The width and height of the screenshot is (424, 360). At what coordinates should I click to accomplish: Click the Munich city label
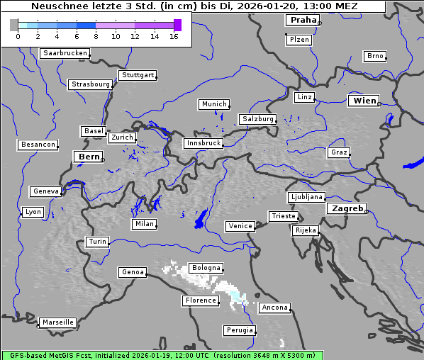coord(214,104)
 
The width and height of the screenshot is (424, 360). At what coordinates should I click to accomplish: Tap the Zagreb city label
coord(347,208)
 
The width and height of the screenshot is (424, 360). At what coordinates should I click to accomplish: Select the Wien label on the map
coord(364,101)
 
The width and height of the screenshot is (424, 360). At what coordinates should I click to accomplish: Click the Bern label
coord(89,156)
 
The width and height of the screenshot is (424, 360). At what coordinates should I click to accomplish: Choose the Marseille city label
coord(57,322)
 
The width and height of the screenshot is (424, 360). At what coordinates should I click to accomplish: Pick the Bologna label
coord(206,268)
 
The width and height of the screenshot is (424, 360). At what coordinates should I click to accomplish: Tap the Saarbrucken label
coord(65,53)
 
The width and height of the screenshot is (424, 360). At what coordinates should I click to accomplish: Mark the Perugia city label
coord(240,330)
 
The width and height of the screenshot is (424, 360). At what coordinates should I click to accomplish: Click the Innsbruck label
coord(203,143)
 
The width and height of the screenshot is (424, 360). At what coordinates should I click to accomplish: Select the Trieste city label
coord(283,216)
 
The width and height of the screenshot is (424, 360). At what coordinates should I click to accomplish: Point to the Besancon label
coord(38,145)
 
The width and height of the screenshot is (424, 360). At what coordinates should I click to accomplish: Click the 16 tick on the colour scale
coord(174,36)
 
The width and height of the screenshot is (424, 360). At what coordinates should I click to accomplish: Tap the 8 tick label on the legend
coord(95,36)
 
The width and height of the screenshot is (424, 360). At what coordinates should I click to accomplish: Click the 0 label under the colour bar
coord(17,36)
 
